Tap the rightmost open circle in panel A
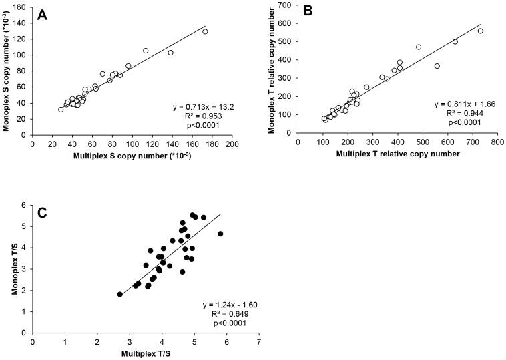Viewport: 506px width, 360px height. coord(205,31)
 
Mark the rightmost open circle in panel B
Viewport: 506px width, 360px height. coord(480,31)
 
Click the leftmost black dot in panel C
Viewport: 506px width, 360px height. coord(119,294)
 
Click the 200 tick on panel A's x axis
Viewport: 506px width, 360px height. coord(232,144)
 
